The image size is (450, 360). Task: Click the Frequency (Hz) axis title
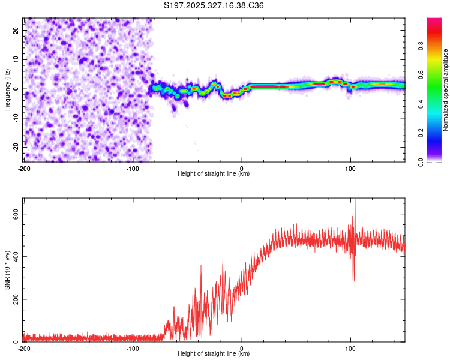pos(7,89)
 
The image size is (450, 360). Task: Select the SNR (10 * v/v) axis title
pos(7,269)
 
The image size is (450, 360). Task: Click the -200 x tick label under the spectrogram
pos(24,167)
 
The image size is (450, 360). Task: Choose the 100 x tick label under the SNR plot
pos(350,348)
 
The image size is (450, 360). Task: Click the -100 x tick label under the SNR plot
pos(133,348)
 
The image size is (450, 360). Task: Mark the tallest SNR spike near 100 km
pos(355,200)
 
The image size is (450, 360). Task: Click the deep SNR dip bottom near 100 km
pos(354,280)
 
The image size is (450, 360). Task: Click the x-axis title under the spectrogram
pos(214,174)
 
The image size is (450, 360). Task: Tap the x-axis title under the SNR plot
pos(214,355)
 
